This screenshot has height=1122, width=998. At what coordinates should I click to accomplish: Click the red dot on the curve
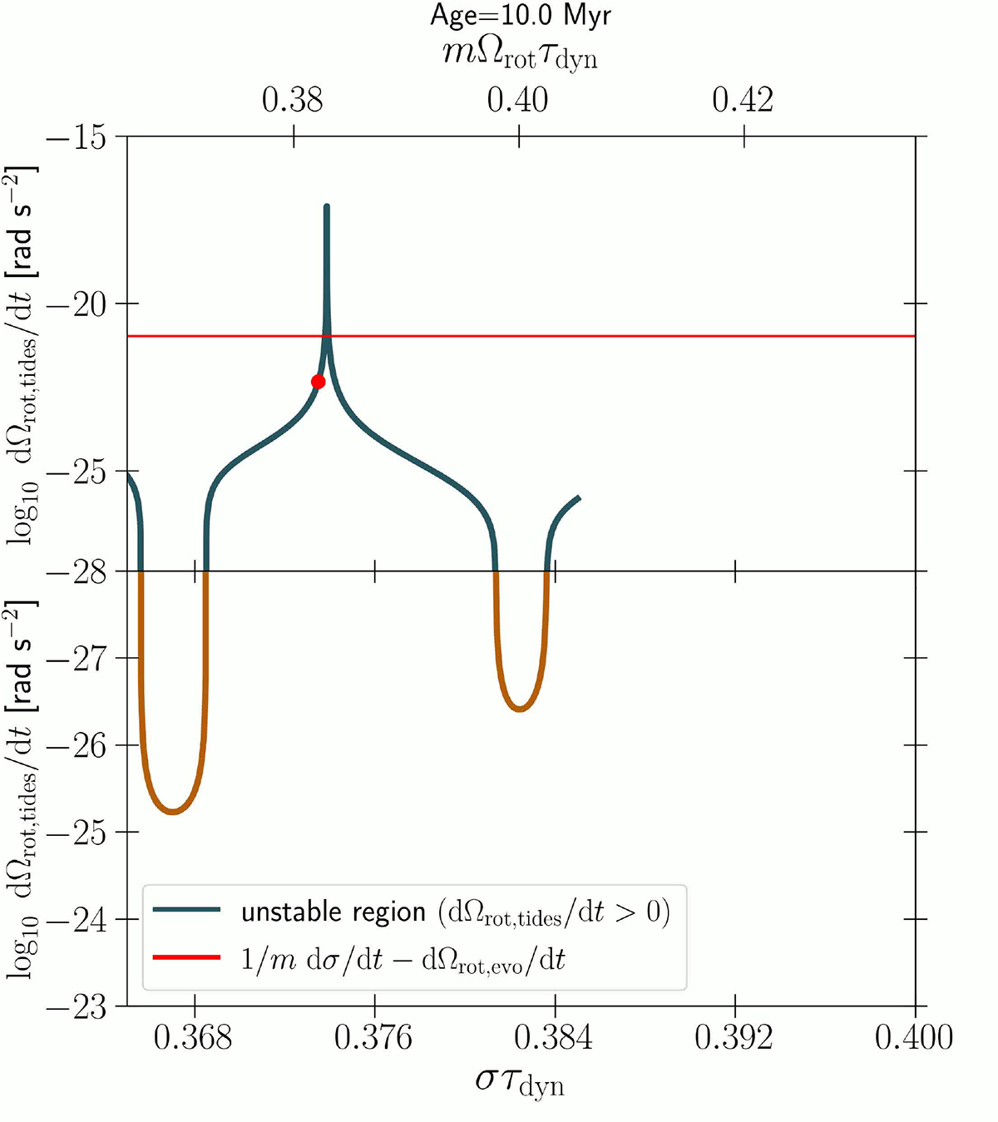318,382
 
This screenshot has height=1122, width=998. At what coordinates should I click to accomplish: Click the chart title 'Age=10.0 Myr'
521,16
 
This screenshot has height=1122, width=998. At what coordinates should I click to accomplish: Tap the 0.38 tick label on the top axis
292,100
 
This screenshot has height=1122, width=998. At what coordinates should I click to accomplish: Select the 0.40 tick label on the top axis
517,100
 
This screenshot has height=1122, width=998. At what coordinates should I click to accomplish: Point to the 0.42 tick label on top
743,100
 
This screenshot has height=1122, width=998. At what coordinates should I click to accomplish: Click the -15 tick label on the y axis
77,136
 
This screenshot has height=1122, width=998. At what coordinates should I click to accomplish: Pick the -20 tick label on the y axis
77,304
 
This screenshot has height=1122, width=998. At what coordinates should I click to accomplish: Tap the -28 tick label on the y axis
77,572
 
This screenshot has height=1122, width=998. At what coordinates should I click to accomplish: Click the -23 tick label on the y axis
77,1007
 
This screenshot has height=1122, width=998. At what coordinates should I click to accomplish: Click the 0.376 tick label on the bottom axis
374,1037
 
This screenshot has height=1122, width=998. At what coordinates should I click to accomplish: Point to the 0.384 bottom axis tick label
554,1037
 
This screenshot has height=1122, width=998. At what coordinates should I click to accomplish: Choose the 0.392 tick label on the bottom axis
734,1037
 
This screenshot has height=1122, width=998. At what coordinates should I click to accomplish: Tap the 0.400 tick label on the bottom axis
914,1037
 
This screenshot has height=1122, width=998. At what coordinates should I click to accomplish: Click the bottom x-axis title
520,1082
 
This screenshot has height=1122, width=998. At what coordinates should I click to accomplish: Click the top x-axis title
520,56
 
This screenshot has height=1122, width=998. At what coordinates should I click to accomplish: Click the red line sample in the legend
187,958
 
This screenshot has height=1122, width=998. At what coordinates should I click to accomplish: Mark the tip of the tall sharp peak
327,206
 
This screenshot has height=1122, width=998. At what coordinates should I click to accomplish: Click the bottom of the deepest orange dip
173,812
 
